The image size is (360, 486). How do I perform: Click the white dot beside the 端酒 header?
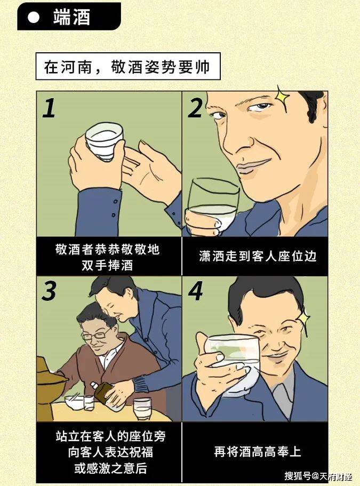[x=34, y=17]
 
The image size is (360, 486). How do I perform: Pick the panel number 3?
[x=49, y=291]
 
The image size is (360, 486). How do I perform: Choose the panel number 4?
[x=196, y=291]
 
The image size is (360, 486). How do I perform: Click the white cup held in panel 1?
[x=105, y=141]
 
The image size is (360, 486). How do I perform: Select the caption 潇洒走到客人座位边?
[x=255, y=256]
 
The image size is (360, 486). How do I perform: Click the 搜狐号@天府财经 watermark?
[x=318, y=475]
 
